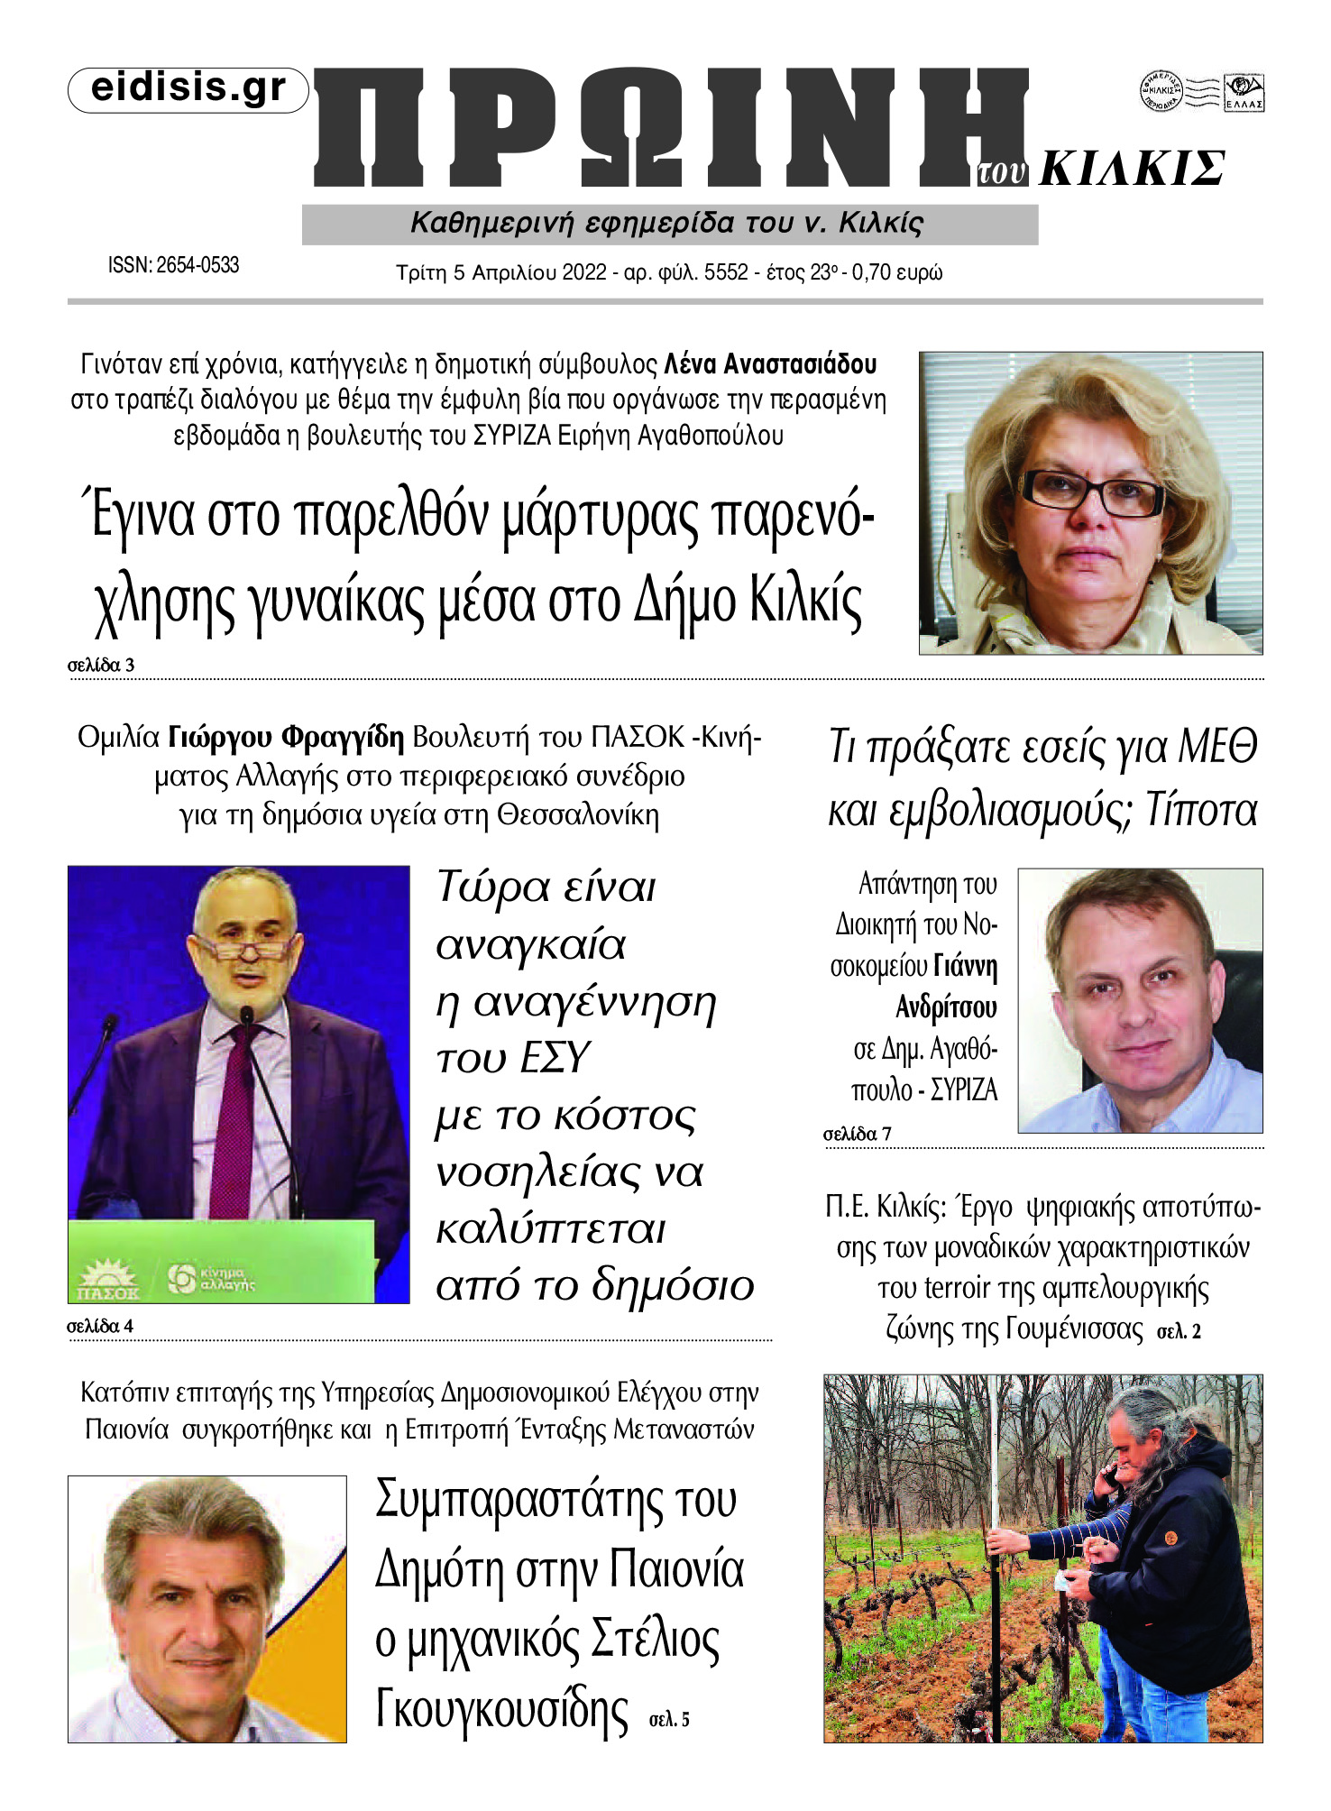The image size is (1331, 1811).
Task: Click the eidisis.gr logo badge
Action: (188, 89)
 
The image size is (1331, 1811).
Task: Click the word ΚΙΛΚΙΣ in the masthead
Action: (1132, 169)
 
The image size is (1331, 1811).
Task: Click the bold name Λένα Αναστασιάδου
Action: (770, 365)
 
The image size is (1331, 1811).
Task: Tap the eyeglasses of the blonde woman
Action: (1092, 493)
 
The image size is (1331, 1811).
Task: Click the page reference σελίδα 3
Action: (101, 666)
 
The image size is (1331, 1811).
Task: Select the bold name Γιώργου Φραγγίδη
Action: (287, 738)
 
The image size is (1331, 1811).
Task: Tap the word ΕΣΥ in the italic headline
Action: (552, 1058)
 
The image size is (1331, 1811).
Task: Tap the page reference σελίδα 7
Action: (858, 1134)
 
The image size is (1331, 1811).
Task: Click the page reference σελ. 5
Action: (669, 1719)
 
